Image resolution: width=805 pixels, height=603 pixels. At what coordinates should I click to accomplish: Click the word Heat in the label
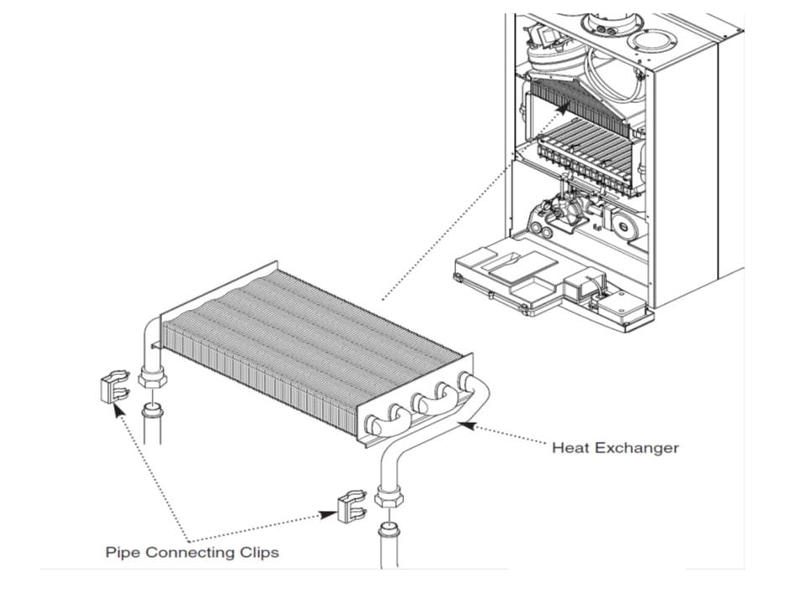tap(569, 448)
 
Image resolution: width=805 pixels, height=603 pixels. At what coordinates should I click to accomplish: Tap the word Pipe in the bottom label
tap(122, 553)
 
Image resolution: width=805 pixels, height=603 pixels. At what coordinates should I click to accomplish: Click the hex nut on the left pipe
tap(152, 379)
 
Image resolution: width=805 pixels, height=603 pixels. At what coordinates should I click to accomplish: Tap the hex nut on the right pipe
tap(387, 497)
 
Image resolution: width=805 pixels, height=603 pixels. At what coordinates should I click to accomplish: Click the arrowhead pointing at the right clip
tap(329, 513)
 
